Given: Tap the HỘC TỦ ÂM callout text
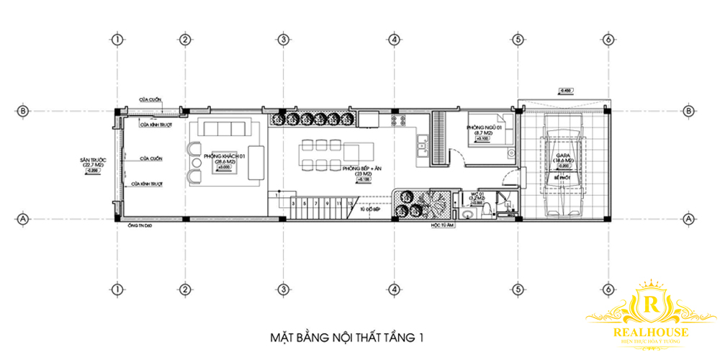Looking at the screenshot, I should [444, 225].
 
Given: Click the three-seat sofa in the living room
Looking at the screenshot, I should [225, 130].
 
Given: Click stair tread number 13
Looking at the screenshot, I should [349, 204].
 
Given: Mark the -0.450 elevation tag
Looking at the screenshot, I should [567, 91].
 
